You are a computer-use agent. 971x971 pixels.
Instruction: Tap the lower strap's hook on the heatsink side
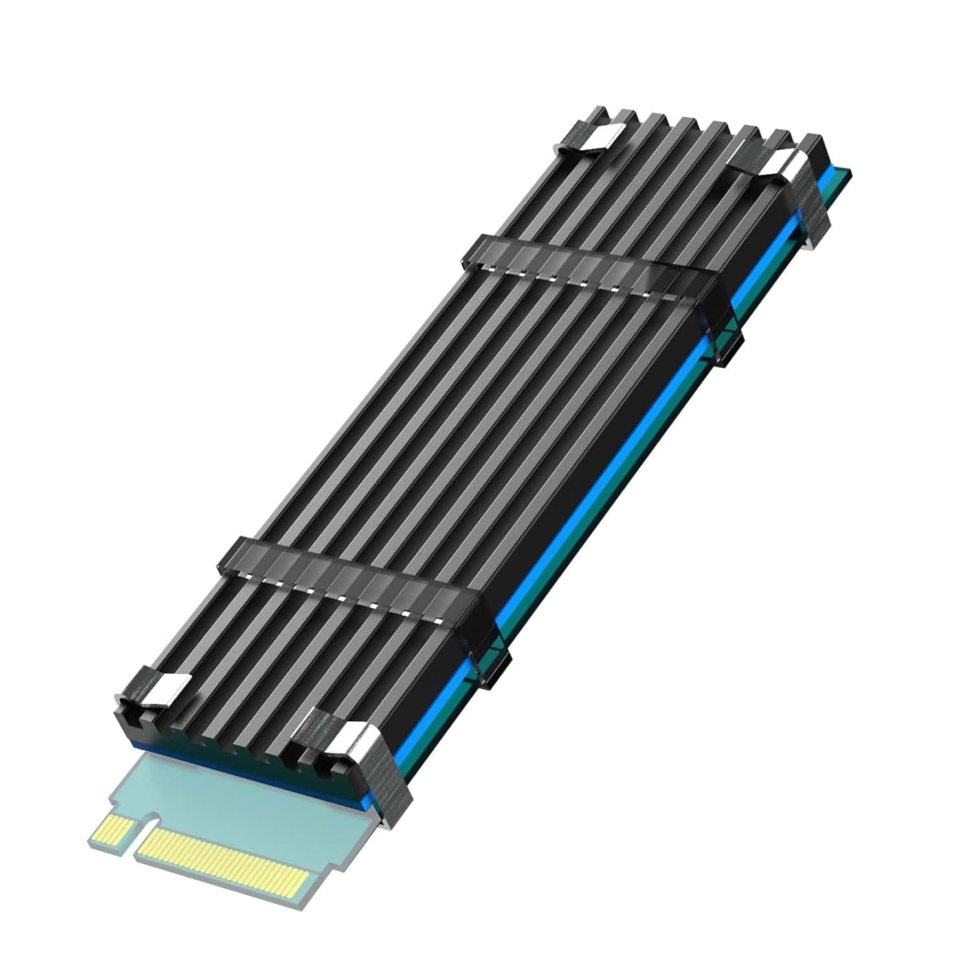[495, 654]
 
